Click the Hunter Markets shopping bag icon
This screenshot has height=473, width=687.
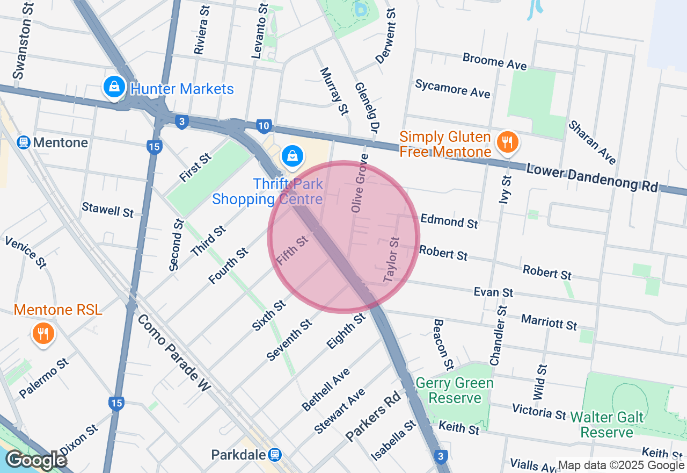pyautogui.click(x=114, y=87)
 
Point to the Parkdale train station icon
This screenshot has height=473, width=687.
pyautogui.click(x=275, y=455)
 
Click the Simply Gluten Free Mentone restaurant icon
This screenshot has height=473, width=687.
pyautogui.click(x=506, y=142)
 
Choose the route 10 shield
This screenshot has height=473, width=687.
pyautogui.click(x=263, y=125)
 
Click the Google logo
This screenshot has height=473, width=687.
pyautogui.click(x=36, y=460)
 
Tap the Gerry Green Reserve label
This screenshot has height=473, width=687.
pyautogui.click(x=455, y=391)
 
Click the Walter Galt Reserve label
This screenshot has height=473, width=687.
pyautogui.click(x=607, y=424)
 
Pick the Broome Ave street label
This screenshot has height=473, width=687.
pyautogui.click(x=494, y=61)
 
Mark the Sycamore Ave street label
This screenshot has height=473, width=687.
pyautogui.click(x=452, y=89)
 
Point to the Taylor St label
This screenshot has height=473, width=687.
pyautogui.click(x=392, y=260)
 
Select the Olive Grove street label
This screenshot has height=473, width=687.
pyautogui.click(x=359, y=183)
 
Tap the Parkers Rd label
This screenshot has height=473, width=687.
pyautogui.click(x=373, y=415)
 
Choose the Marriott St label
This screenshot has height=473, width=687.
pyautogui.click(x=549, y=322)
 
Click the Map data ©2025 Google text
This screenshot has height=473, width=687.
pyautogui.click(x=621, y=465)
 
